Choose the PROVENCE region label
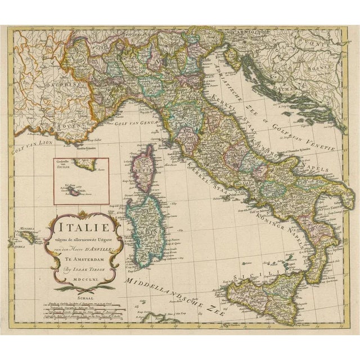pyautogui.click(x=56, y=123)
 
